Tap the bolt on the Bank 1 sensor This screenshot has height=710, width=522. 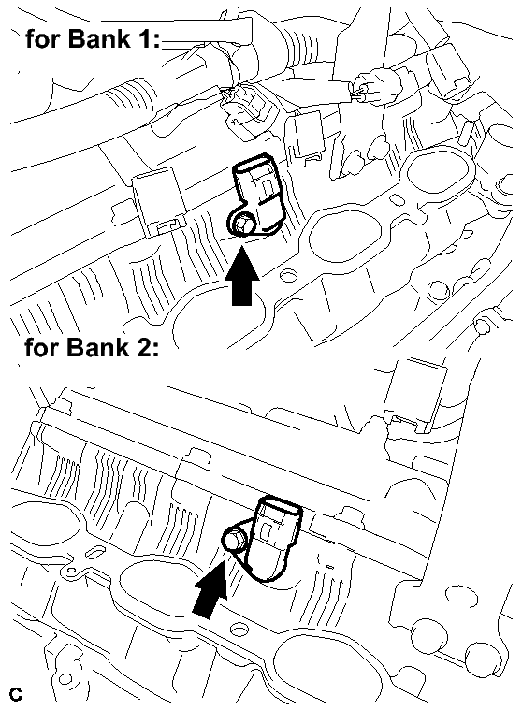pyautogui.click(x=240, y=224)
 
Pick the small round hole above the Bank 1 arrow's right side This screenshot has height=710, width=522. pyautogui.click(x=286, y=274)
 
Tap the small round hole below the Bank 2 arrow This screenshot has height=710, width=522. pyautogui.click(x=238, y=630)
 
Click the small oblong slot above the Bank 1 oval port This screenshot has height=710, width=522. pyautogui.click(x=395, y=199)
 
